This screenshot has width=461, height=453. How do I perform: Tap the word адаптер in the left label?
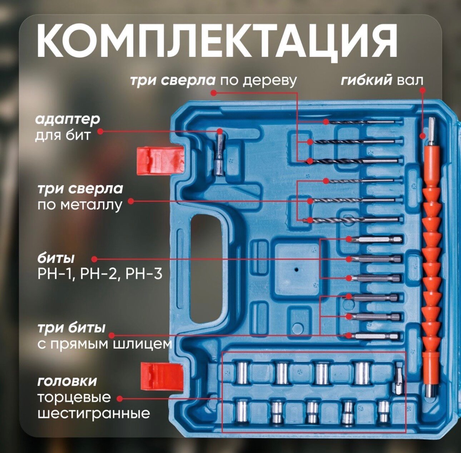pos(67,119)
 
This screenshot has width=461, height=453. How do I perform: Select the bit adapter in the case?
pos(219,153)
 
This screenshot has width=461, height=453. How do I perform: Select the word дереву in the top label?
pos(270,81)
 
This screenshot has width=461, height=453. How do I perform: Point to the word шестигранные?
pos(94,414)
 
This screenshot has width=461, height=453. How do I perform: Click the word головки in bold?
pos(67,381)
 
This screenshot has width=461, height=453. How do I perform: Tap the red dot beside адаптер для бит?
pos(100,132)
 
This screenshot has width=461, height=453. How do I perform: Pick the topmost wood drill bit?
pos(365,122)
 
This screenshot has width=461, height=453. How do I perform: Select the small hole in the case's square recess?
pos(296,269)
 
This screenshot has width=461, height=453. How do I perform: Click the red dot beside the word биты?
pos(94,258)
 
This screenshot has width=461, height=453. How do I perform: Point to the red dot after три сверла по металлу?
pos(131,201)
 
